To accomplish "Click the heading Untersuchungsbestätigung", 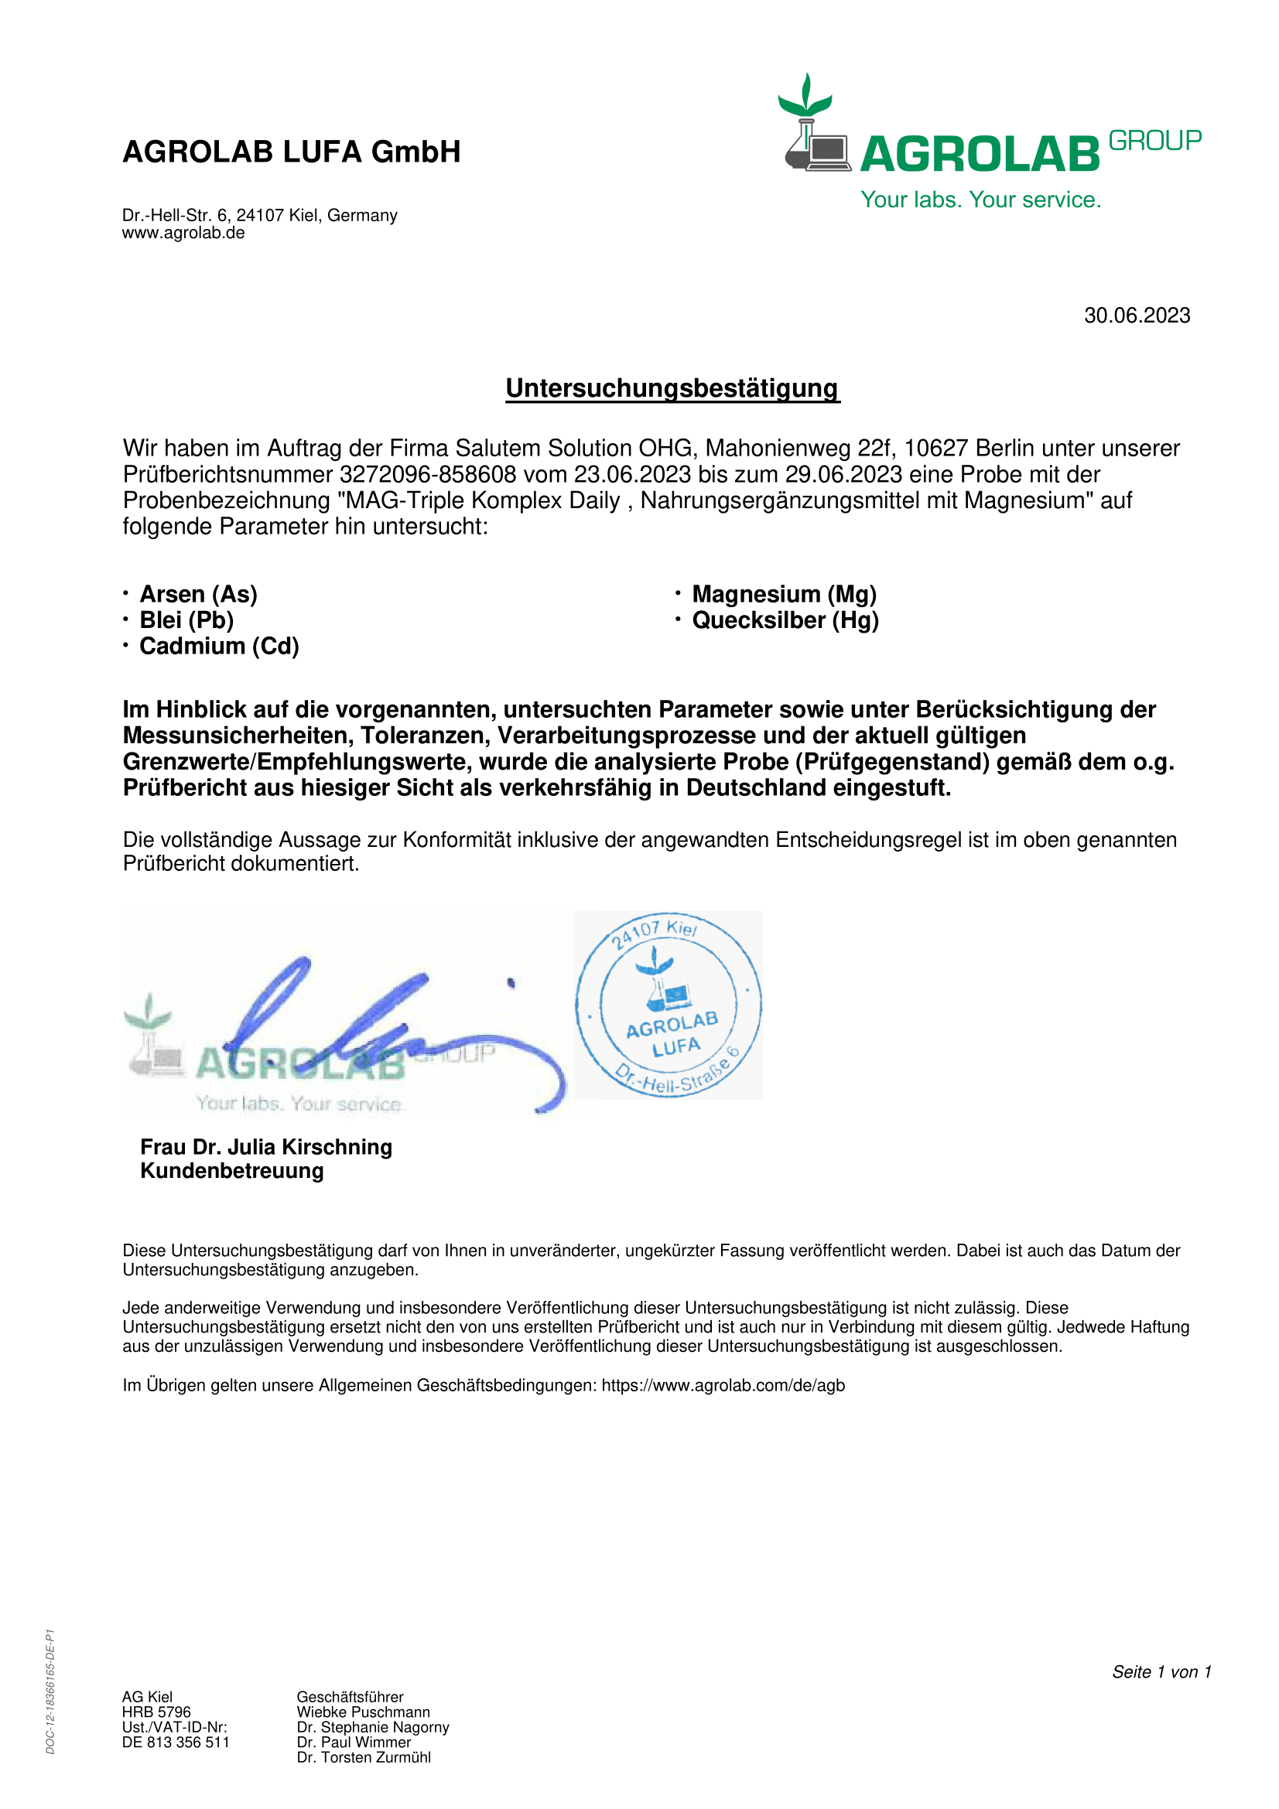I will (672, 388).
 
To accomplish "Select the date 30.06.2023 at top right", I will (1137, 316).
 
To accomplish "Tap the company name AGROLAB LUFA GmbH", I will (292, 152).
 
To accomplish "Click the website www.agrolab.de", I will (183, 234).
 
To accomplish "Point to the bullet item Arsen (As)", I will (199, 594).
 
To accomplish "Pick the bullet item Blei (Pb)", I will (186, 620).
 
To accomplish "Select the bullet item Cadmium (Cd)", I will (219, 646).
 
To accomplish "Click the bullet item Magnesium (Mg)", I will (784, 594).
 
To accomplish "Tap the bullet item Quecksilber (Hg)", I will (785, 620).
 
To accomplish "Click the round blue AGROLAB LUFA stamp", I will (669, 1005).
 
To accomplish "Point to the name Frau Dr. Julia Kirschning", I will (266, 1147).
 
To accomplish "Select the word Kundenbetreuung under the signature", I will (231, 1171).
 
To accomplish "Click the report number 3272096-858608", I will (428, 474).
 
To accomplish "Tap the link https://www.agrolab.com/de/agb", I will (723, 1386).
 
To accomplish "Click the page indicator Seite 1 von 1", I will (1161, 1672).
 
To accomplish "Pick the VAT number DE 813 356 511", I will (176, 1742).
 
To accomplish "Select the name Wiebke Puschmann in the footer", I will (364, 1712).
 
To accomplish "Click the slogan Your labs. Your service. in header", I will (980, 200).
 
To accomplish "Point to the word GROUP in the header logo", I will (1154, 141).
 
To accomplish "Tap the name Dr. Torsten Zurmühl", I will (364, 1757).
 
